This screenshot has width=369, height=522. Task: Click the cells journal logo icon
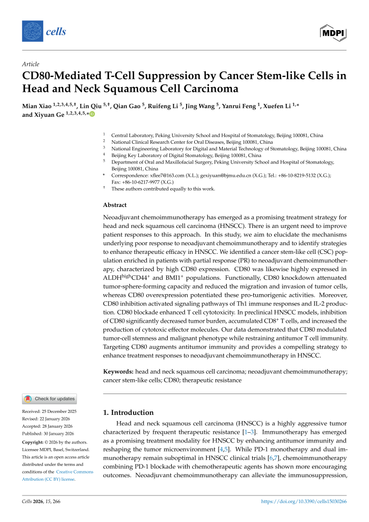click(x=33, y=32)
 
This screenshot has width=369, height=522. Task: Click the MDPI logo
click(x=333, y=32)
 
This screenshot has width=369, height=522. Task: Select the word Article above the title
click(x=31, y=64)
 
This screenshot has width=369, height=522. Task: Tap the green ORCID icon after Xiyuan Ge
click(x=92, y=115)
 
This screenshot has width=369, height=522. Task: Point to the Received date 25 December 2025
click(x=48, y=411)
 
